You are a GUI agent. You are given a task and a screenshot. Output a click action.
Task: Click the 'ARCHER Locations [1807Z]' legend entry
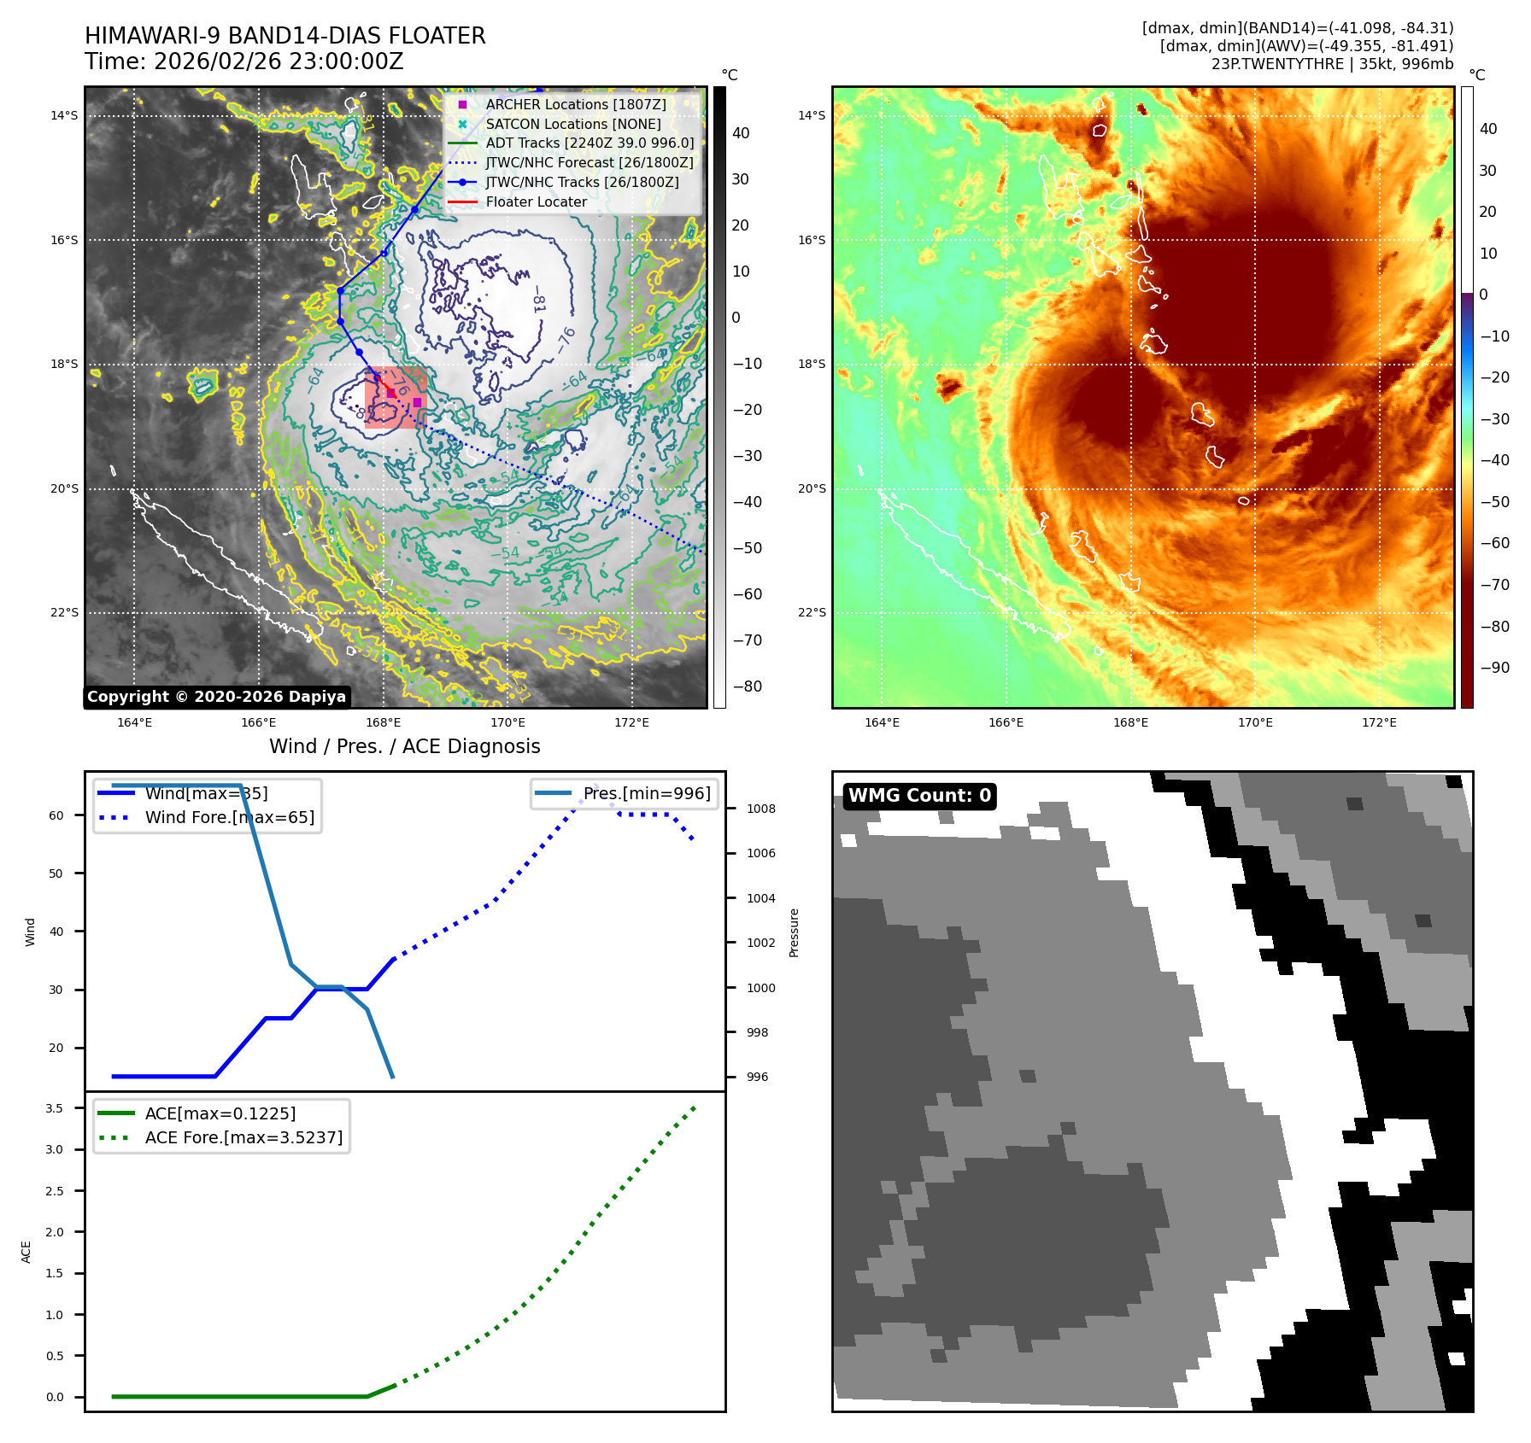(x=575, y=104)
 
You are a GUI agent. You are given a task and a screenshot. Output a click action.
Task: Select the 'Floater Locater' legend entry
(x=536, y=202)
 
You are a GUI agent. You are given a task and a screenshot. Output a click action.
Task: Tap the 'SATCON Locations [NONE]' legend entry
(x=572, y=124)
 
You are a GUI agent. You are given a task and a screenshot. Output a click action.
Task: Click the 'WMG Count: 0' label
(x=919, y=796)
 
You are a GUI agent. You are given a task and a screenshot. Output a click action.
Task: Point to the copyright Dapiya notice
(x=216, y=697)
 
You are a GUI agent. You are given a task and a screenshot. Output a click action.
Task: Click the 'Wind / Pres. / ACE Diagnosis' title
(x=404, y=746)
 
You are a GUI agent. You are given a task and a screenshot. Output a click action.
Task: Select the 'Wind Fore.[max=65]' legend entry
(x=229, y=817)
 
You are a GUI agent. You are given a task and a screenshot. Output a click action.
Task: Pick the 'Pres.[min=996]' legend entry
(x=646, y=793)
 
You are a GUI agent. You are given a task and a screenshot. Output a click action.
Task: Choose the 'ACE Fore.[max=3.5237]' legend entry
(x=243, y=1137)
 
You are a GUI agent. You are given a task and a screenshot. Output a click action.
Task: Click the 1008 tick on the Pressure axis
(x=760, y=809)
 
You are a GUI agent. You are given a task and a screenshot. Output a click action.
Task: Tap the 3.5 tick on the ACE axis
(x=55, y=1108)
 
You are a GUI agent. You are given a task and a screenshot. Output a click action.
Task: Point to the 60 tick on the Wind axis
(x=56, y=815)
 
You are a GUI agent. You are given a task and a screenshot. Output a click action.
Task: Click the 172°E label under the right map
(x=1379, y=722)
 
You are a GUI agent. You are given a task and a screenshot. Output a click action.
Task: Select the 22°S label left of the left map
(x=64, y=612)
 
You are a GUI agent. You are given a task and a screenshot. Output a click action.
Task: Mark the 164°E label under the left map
(x=134, y=722)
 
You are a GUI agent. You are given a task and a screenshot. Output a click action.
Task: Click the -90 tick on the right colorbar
(x=1494, y=668)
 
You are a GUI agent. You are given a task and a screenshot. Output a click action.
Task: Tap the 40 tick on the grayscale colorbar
(x=741, y=133)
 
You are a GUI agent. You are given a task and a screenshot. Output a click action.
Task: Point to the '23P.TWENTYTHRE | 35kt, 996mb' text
(x=1332, y=64)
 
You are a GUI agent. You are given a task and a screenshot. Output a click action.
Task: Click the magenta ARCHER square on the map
(x=417, y=402)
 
